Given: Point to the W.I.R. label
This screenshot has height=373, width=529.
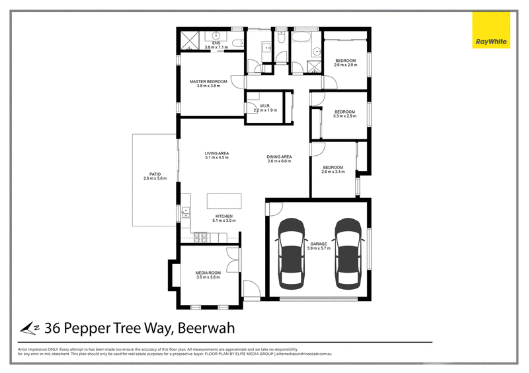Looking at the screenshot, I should pyautogui.click(x=263, y=108).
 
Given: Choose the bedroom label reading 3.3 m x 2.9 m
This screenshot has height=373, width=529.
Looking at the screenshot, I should pyautogui.click(x=345, y=114).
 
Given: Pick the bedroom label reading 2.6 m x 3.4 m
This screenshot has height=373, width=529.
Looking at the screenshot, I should pyautogui.click(x=333, y=170).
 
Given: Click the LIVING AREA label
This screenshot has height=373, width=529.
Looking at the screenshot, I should pyautogui.click(x=216, y=156).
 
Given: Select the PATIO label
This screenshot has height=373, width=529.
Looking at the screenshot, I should pyautogui.click(x=152, y=176).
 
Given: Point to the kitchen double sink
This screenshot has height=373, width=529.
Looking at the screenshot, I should pyautogui.click(x=186, y=212).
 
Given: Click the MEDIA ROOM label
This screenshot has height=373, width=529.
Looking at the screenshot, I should pyautogui.click(x=207, y=275).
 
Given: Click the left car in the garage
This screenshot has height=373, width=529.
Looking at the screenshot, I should pyautogui.click(x=292, y=254).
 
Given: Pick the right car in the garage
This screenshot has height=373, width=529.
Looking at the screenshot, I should pyautogui.click(x=348, y=254).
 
